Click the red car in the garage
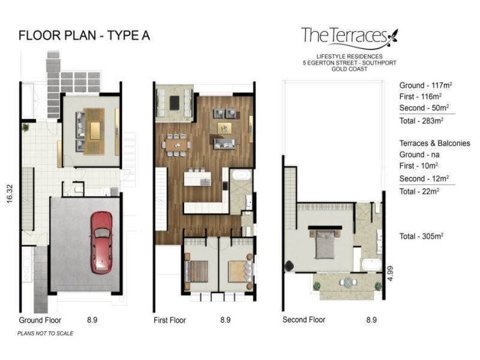[101, 242]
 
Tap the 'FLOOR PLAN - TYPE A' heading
[84, 35]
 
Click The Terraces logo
[349, 38]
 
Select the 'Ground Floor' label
[40, 320]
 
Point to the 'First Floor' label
[170, 320]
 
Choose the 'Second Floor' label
[304, 320]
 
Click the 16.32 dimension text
[10, 193]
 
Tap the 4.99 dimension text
[389, 274]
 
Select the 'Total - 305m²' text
[421, 236]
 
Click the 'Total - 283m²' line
[421, 121]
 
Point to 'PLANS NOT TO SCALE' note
[46, 334]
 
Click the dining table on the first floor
[177, 145]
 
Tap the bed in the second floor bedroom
[325, 244]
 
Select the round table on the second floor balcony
[349, 282]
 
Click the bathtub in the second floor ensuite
[371, 265]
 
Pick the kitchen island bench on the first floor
[197, 178]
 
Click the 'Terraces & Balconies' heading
[434, 143]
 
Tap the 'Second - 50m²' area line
[424, 108]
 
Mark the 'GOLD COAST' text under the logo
[349, 69]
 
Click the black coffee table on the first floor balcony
[175, 103]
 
